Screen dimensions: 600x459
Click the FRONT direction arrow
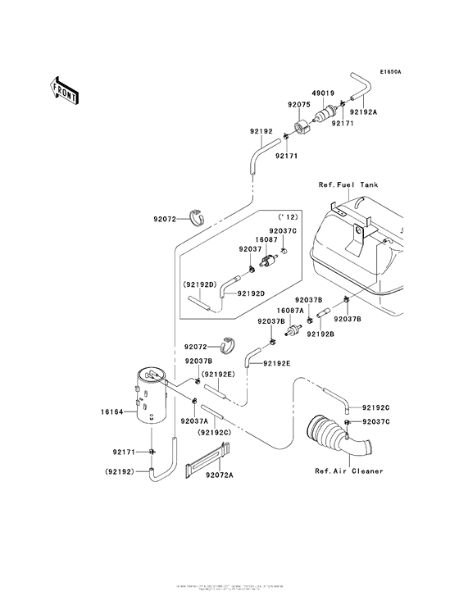click(x=65, y=89)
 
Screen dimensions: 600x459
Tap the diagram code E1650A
click(x=390, y=72)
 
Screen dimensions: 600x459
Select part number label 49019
click(x=323, y=93)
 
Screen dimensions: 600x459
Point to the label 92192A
click(x=363, y=111)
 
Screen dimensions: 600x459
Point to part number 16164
click(x=112, y=412)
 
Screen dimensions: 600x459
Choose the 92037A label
click(x=193, y=420)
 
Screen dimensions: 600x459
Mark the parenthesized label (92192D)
click(x=199, y=284)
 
